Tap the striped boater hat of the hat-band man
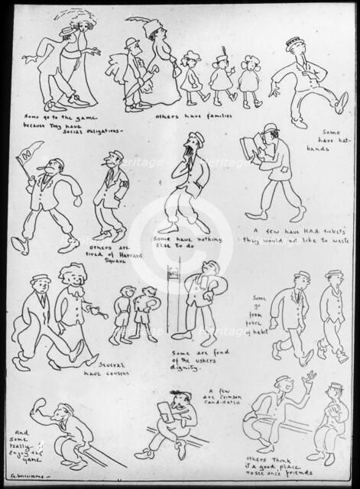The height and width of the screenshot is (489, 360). coord(296,42)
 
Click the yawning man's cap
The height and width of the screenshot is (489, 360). coord(197,137)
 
